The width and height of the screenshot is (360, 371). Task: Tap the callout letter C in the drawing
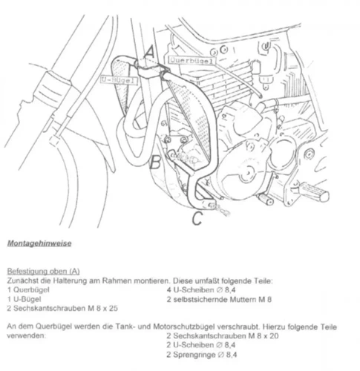pyautogui.click(x=197, y=217)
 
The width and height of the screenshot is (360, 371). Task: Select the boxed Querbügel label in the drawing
pyautogui.click(x=192, y=57)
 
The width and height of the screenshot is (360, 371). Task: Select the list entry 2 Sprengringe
pyautogui.click(x=194, y=354)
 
